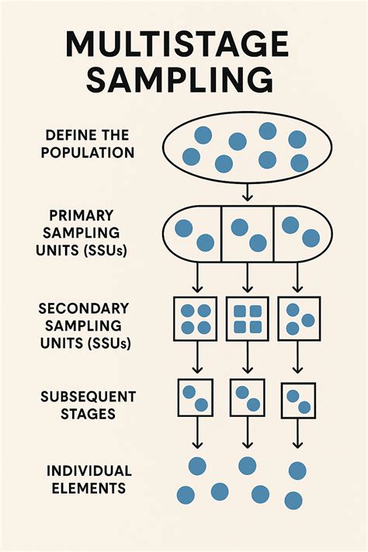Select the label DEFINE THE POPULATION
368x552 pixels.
tap(89, 144)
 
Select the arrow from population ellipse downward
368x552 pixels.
tap(247, 191)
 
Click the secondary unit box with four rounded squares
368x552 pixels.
tap(247, 318)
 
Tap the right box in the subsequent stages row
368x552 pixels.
tap(298, 401)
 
